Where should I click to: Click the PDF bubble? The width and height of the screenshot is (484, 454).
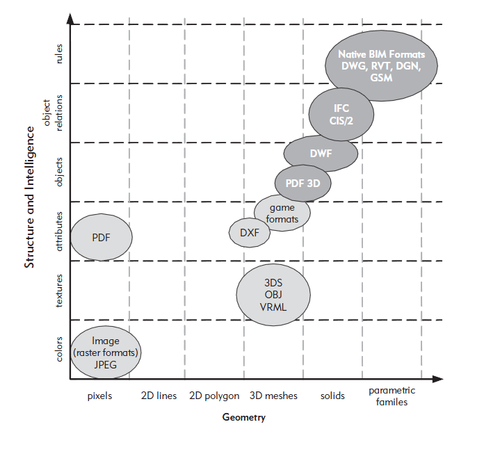point(102,237)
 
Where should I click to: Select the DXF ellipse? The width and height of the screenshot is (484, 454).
point(250,232)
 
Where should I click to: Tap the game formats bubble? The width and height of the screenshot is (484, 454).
point(282,213)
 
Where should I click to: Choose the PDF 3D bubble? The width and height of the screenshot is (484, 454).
point(303,183)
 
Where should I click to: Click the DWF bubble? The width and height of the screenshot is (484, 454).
point(321,153)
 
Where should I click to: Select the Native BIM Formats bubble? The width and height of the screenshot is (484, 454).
point(381,65)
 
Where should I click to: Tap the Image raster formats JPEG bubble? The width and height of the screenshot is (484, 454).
point(106,352)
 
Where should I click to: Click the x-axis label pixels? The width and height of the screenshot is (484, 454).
point(101,396)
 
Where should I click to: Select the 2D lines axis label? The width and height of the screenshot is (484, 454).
point(159,396)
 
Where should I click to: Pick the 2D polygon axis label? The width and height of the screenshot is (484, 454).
point(214,396)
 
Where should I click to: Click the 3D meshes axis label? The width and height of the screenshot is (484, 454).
point(273,396)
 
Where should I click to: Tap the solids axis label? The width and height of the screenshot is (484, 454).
point(332,396)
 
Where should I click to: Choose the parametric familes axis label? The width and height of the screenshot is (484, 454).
point(392,396)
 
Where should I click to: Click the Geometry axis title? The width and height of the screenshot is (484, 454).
point(243,417)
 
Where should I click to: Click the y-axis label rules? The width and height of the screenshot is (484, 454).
point(60,55)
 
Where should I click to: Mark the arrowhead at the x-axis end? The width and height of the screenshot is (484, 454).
point(437,379)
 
